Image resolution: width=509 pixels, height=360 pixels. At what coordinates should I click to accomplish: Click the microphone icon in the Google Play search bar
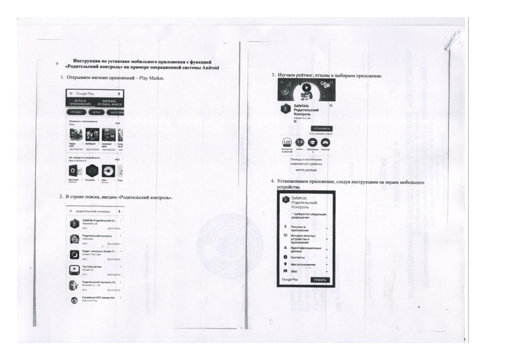click(x=120, y=93)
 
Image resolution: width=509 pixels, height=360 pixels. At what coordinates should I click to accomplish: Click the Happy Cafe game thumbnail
click(x=75, y=134)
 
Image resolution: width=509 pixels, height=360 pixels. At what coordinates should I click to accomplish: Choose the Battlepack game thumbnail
click(x=91, y=134)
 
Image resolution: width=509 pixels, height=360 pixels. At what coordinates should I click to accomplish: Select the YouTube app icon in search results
click(x=74, y=268)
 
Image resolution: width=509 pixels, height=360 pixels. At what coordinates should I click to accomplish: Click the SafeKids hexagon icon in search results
click(x=74, y=222)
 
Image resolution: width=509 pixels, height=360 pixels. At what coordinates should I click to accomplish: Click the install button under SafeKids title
click(x=322, y=127)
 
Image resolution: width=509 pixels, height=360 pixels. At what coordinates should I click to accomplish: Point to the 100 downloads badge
click(x=286, y=142)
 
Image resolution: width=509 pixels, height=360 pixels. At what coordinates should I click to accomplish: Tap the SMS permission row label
click(x=294, y=271)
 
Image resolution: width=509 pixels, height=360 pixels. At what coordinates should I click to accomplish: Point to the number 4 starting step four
click(x=272, y=181)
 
